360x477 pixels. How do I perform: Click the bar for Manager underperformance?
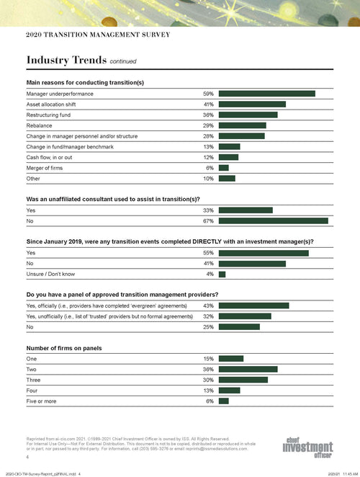(x=266, y=94)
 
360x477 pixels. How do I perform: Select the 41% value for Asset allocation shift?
(x=207, y=104)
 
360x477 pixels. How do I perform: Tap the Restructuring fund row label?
(x=48, y=115)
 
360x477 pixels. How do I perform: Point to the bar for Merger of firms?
(x=223, y=167)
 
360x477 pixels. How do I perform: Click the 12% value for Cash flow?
(x=207, y=157)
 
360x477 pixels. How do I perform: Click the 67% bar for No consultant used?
(x=273, y=220)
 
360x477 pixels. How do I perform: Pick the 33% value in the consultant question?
(x=207, y=210)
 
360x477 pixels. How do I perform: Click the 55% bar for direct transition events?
(x=263, y=253)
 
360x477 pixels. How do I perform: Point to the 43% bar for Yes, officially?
(x=253, y=306)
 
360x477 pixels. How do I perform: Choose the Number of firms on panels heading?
(x=63, y=348)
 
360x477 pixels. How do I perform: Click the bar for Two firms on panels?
(x=248, y=369)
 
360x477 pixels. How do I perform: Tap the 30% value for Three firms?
(x=207, y=380)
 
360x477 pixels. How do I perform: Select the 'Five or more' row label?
(x=42, y=401)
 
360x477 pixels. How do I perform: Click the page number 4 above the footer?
(x=27, y=457)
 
